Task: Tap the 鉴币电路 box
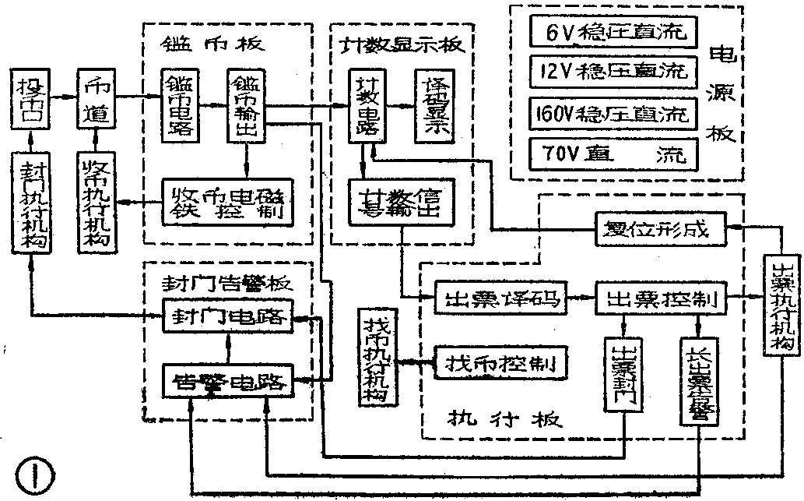(181, 104)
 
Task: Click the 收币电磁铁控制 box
(229, 201)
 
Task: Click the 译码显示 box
(434, 104)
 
